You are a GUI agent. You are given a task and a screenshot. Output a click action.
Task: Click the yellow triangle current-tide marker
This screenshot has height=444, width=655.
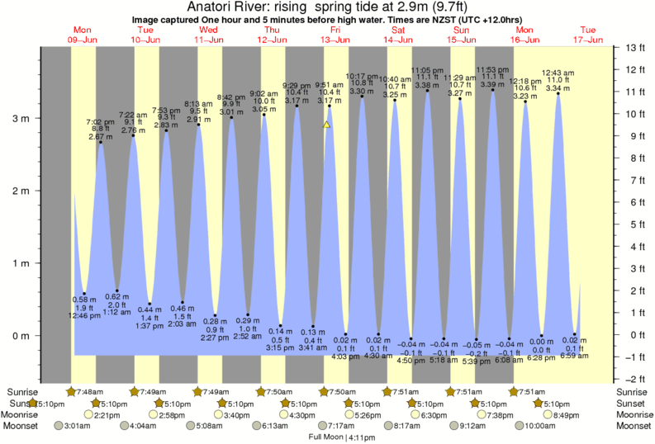(x=327, y=125)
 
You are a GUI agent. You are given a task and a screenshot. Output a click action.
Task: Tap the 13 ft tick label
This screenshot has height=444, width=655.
(x=634, y=47)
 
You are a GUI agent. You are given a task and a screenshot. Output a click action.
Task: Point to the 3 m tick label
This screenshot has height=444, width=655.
(x=19, y=119)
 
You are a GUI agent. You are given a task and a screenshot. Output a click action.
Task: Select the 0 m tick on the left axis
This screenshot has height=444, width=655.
(x=19, y=336)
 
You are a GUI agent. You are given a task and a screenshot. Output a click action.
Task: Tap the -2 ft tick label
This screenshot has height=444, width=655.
(x=635, y=379)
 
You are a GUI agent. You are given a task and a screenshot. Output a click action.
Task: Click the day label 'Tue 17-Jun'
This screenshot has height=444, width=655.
(x=590, y=34)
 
